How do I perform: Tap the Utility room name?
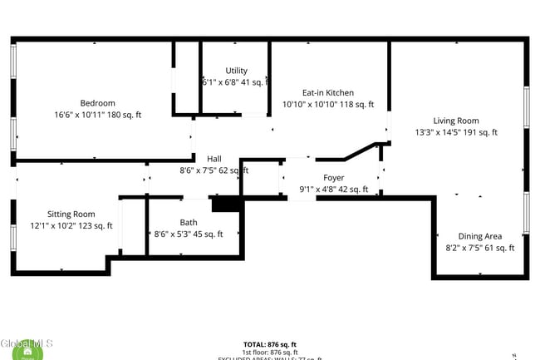point(236,71)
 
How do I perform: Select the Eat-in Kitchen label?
point(327,92)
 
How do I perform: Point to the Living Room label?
point(456,121)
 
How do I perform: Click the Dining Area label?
point(480,236)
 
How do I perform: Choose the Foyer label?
point(333,178)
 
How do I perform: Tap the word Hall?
point(214,159)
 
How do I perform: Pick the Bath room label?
point(189,223)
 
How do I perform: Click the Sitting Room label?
point(71,214)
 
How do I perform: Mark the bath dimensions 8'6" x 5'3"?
point(176,234)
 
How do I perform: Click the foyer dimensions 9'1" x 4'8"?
point(321,190)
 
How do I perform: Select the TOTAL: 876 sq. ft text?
point(270,344)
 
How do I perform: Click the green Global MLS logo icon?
point(28,353)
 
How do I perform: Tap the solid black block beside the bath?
point(226,205)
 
